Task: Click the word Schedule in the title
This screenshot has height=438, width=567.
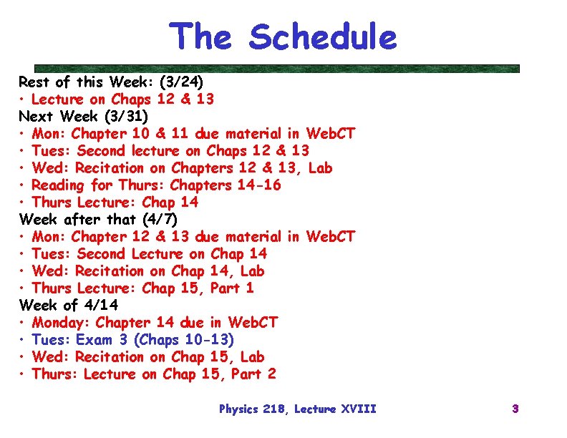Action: [323, 37]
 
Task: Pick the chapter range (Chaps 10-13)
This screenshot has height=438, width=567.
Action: [184, 339]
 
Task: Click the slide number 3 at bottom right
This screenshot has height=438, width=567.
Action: [515, 409]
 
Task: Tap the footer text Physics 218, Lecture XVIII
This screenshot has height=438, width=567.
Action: [297, 409]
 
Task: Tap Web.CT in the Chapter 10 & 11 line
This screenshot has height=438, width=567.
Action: [330, 133]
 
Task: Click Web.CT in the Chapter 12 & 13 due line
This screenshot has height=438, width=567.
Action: [330, 236]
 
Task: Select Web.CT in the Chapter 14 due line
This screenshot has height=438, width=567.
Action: [252, 322]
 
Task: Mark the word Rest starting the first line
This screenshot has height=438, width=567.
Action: [34, 82]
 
